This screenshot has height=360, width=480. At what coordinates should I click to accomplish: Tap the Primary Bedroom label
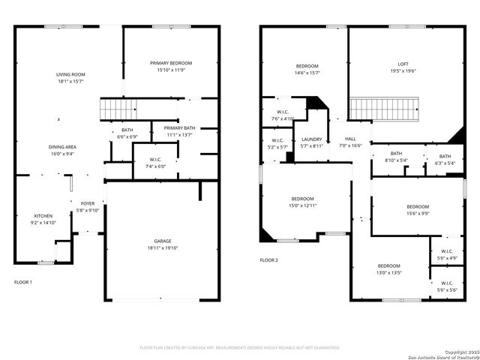pos(171,63)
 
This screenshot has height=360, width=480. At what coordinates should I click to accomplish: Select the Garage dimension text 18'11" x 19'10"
pos(163,247)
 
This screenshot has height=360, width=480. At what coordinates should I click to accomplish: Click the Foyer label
pos(88,203)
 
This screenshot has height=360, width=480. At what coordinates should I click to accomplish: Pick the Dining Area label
pos(62,146)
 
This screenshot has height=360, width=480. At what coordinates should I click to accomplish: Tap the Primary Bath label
pos(179,128)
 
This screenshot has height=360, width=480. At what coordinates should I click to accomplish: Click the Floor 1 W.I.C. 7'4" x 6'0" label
pos(155,159)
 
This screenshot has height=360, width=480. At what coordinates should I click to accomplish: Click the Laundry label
pos(312,139)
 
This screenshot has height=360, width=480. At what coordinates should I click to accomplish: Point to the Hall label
pos(350,139)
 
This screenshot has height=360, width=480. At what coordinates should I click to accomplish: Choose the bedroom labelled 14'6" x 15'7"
pos(307,66)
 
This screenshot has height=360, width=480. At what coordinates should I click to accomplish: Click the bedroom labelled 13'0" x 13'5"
pos(388,266)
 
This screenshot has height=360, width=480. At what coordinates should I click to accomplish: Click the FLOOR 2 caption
pos(268,260)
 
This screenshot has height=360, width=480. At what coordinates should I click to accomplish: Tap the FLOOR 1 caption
pos(23,282)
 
